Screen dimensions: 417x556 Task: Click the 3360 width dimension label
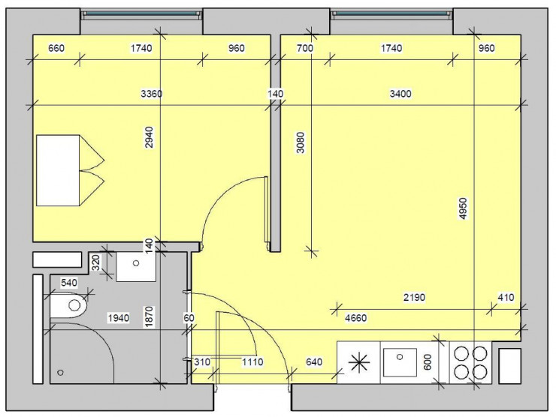152,94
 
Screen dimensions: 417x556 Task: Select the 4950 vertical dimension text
464,209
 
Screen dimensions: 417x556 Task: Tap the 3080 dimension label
301,142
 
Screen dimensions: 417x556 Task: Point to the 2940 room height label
149,137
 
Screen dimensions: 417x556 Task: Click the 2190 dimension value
414,297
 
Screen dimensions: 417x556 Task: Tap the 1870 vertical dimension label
149,318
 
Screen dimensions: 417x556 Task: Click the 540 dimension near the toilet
69,283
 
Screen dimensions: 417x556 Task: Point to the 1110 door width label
252,363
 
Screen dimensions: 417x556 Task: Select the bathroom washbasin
136,265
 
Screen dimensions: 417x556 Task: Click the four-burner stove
469,362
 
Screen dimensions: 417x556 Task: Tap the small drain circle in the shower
61,372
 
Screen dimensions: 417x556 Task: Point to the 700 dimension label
304,49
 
